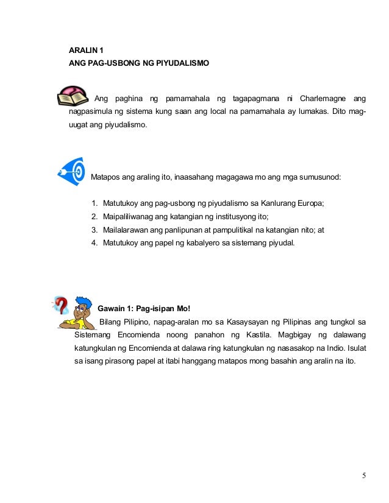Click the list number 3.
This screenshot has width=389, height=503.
[95, 230]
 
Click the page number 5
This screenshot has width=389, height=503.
[364, 476]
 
